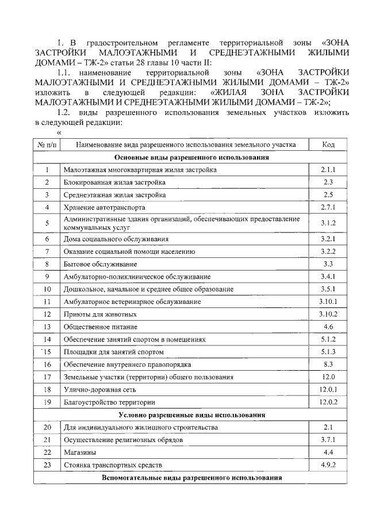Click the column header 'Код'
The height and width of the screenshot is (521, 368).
(x=328, y=144)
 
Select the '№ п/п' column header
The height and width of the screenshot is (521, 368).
(x=47, y=144)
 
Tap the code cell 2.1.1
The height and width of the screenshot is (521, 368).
(x=328, y=170)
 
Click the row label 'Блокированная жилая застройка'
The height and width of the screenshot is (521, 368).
(x=114, y=182)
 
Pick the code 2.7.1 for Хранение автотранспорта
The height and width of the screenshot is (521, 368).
(x=328, y=207)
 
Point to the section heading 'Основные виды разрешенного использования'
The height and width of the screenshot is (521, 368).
(x=192, y=157)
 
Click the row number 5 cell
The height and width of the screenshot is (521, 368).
(x=47, y=223)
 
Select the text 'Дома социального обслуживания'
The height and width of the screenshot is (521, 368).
(x=116, y=239)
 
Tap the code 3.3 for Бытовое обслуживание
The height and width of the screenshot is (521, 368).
(x=328, y=264)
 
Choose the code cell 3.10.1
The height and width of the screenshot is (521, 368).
(x=328, y=302)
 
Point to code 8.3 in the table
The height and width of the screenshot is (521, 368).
(x=328, y=364)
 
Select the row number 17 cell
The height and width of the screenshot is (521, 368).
(x=47, y=377)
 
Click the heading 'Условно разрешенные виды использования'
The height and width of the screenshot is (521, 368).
(x=192, y=414)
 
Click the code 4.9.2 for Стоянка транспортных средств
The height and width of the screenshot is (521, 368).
(x=328, y=465)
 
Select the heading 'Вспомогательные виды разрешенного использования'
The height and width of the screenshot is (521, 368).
(x=192, y=478)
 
